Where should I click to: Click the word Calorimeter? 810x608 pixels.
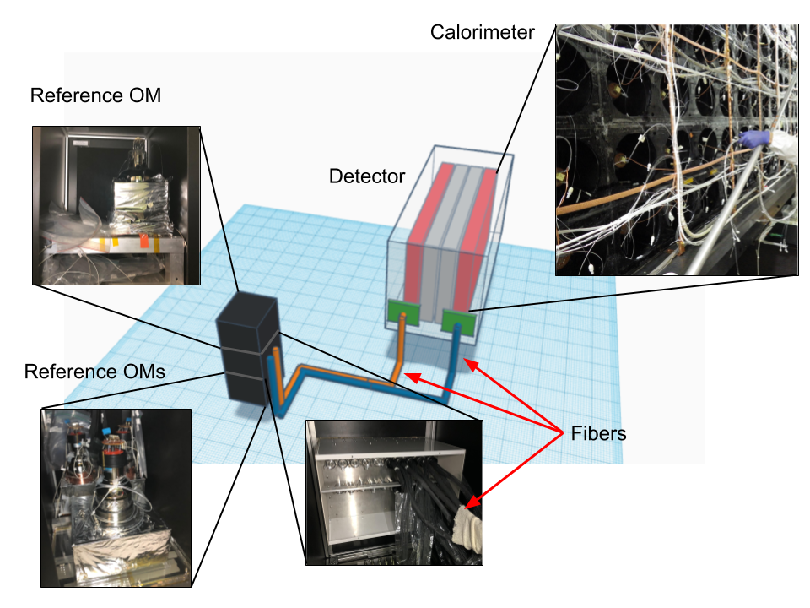pyautogui.click(x=483, y=32)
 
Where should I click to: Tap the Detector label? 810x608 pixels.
pyautogui.click(x=367, y=177)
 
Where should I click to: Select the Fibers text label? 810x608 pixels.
pyautogui.click(x=597, y=433)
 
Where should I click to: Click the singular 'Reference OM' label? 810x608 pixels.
pyautogui.click(x=95, y=96)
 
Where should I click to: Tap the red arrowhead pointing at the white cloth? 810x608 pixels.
pyautogui.click(x=478, y=502)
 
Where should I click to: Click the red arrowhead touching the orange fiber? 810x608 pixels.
pyautogui.click(x=409, y=374)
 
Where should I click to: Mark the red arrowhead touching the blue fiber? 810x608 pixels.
pyautogui.click(x=470, y=363)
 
